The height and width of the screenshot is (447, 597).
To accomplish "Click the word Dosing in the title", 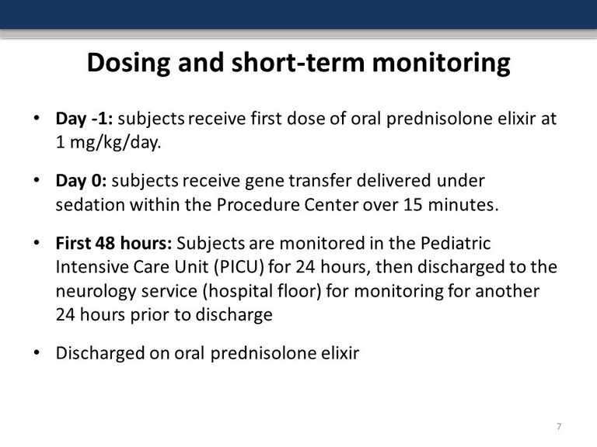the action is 128,63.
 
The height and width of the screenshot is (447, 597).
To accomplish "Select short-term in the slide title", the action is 297,62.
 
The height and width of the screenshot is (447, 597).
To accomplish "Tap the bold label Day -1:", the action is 84,119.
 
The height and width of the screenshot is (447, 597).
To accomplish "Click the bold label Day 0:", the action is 81,181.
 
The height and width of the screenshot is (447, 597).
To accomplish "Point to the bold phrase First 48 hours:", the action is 113,243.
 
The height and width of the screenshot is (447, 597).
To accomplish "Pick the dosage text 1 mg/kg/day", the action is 109,143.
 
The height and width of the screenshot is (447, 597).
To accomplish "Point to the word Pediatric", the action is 456,243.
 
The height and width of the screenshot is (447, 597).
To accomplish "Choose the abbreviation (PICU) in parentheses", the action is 239,267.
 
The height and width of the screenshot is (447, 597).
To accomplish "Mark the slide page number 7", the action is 559,426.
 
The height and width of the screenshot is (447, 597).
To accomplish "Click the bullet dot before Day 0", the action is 37,180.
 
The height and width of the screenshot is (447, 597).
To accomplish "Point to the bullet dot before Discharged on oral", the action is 37,352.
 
